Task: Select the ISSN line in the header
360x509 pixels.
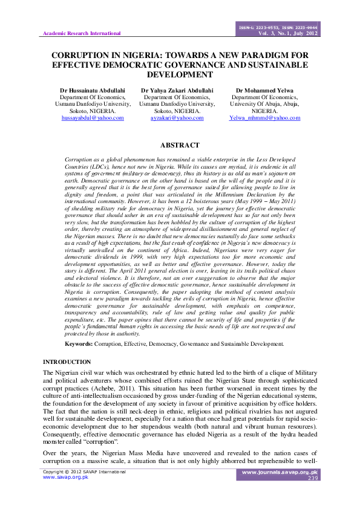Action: point(279,27)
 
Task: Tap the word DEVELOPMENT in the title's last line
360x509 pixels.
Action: point(180,74)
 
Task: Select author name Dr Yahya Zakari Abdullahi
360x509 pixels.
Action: point(177,90)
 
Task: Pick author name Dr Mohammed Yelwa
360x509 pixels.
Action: point(264,90)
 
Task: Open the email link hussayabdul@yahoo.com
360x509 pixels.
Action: point(93,118)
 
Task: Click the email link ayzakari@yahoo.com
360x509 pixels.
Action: point(177,118)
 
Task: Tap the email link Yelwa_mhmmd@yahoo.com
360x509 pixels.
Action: point(264,118)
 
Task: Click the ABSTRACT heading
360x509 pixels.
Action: point(179,145)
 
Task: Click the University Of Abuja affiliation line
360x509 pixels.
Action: point(264,104)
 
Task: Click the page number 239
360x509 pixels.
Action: point(312,478)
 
